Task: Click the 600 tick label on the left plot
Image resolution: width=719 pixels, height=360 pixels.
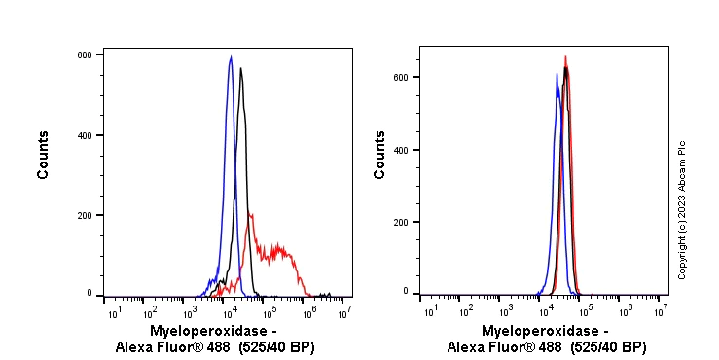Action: [85, 55]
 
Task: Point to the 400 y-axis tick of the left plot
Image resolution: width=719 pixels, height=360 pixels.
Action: [85, 135]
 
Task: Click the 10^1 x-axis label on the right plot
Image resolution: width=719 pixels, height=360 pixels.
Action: [429, 310]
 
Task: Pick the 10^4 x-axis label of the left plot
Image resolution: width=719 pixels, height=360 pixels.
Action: [229, 311]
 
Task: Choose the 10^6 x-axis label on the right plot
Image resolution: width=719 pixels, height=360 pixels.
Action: [625, 310]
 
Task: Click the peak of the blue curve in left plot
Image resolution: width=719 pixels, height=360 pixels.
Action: [231, 57]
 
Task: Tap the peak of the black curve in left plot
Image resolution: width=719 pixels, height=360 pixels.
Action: [241, 68]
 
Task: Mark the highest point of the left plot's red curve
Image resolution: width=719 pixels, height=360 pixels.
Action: [251, 214]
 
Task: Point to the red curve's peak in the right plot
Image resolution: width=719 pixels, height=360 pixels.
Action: [565, 56]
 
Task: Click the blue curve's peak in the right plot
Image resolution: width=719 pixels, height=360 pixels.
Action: [557, 74]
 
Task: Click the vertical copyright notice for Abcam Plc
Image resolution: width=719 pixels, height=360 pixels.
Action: [682, 209]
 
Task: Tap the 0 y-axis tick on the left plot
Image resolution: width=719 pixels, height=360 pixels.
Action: [90, 293]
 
